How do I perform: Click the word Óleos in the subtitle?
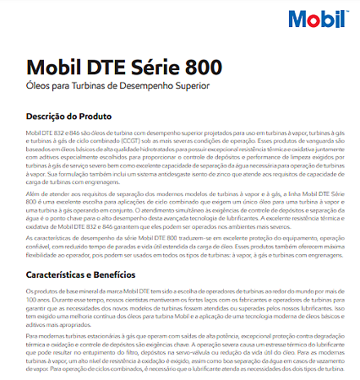click(38, 87)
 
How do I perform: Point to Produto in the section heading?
click(108, 116)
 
